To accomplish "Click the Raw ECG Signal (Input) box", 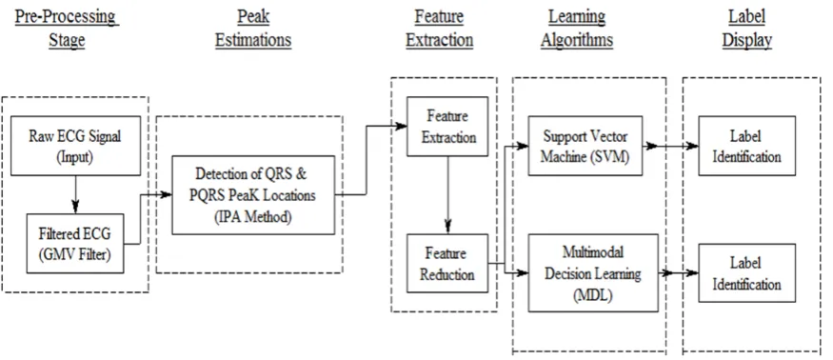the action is (76, 146).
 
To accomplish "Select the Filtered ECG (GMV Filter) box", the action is (75, 244).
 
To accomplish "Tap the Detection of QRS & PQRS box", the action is (253, 195).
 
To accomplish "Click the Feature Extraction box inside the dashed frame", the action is (447, 127).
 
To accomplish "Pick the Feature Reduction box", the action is (447, 263).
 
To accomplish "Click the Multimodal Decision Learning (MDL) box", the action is (593, 272).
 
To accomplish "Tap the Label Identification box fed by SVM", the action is (747, 146).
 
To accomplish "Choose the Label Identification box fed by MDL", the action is (747, 273).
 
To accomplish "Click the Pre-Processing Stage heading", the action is (67, 29).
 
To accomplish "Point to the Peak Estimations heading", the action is (253, 29).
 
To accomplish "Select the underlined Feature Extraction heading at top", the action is (439, 29).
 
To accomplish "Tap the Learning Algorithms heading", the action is (577, 29).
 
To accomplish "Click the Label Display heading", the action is (747, 29).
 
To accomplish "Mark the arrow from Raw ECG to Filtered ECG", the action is (75, 194).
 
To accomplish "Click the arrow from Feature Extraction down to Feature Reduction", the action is (447, 195).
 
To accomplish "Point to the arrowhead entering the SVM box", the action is (522, 145).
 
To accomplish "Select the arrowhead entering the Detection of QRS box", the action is (166, 194).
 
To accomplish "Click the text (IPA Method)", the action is (253, 217).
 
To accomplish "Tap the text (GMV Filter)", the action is (75, 254).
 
